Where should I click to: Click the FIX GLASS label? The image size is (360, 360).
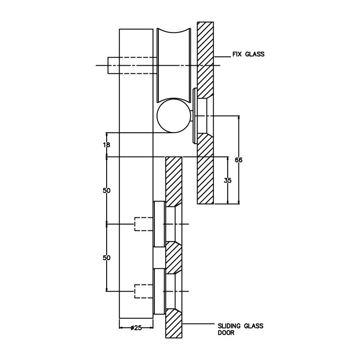pos(248,54)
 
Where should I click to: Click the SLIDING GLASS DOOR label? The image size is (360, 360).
pos(241,329)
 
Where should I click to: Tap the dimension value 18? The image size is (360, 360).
pos(107,145)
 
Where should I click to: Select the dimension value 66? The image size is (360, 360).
pos(238,160)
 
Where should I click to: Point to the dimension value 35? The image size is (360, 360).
pos(228,180)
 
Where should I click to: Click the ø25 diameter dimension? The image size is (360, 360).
pos(136,328)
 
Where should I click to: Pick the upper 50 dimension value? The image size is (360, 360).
pos(107,190)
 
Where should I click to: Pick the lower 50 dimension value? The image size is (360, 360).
pos(107,258)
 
